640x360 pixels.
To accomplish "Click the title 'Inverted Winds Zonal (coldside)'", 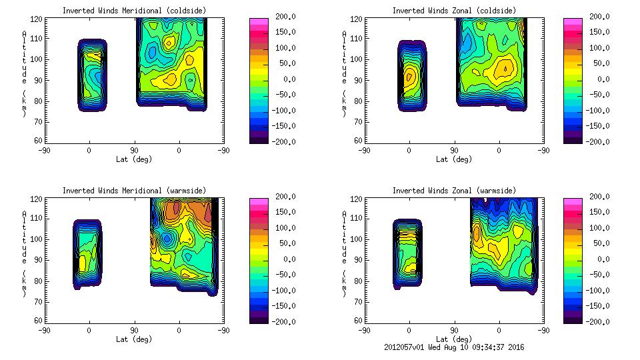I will (x=453, y=11).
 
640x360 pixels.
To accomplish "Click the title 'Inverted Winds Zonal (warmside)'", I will (x=453, y=191).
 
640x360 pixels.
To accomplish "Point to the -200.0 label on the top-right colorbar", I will (x=599, y=142).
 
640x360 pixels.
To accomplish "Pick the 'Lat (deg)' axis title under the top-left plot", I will (x=134, y=159).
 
